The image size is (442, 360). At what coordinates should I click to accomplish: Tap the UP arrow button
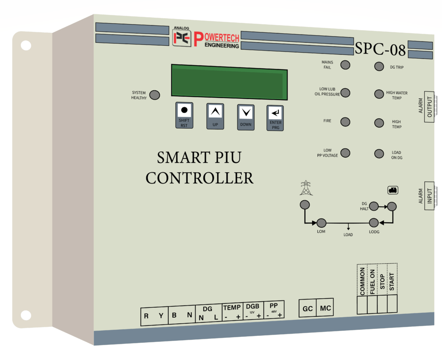[x=215, y=116]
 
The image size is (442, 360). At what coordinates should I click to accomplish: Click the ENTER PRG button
[x=275, y=118]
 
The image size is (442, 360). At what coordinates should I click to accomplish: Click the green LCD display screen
[x=229, y=82]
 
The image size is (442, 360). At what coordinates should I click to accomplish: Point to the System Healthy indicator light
[x=155, y=95]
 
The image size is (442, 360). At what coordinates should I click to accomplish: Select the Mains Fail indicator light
[x=345, y=65]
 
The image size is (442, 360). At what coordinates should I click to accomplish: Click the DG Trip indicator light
[x=379, y=66]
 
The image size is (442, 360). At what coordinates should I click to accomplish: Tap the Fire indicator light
[x=345, y=122]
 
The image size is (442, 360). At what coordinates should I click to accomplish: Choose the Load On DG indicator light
[x=379, y=154]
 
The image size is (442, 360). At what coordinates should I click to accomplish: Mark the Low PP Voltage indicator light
[x=345, y=153]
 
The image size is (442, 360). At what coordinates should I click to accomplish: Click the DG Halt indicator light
[x=374, y=206]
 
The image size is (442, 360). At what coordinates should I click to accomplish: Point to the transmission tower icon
[x=306, y=188]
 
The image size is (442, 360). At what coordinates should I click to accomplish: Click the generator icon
[x=393, y=190]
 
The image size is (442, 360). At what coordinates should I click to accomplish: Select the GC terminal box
[x=307, y=308]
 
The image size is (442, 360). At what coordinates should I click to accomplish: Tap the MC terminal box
[x=325, y=308]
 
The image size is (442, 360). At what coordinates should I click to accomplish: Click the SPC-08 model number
[x=380, y=49]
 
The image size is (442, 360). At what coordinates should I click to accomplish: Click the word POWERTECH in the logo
[x=217, y=38]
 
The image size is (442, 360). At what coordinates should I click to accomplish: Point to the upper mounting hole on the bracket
[x=26, y=45]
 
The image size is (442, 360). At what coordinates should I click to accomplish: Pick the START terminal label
[x=392, y=281]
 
